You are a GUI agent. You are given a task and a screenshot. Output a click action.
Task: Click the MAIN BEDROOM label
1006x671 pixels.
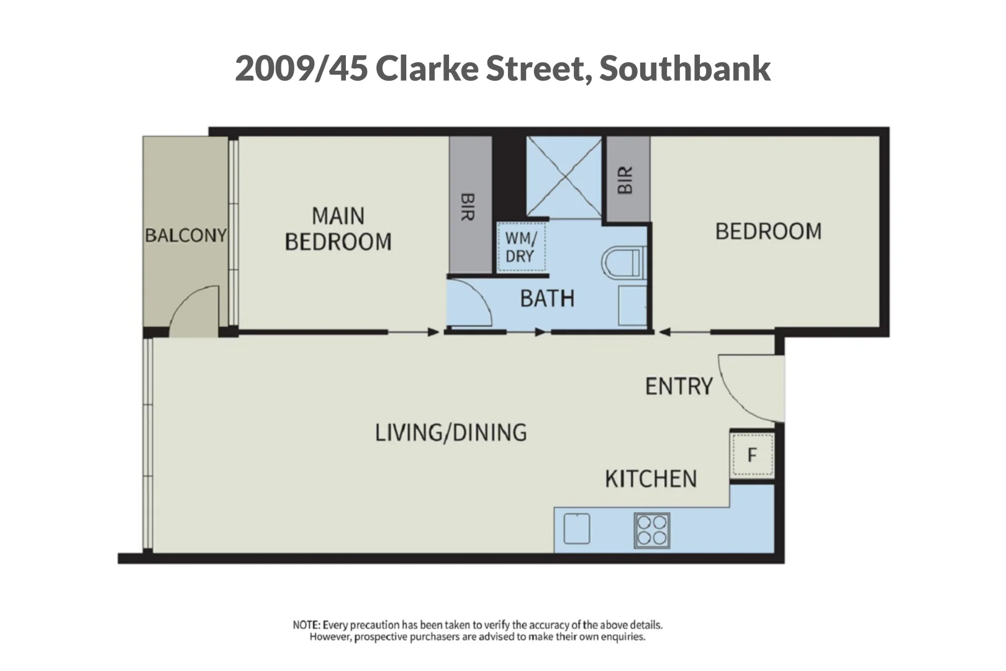point(338,229)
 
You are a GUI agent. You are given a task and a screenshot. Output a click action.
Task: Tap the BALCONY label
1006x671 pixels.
point(185,235)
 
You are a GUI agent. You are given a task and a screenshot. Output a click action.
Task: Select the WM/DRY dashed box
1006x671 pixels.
point(521,247)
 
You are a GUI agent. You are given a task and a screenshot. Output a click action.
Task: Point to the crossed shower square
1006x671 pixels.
point(564,177)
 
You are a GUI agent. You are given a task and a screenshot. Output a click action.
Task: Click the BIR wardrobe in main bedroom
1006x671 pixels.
point(470,205)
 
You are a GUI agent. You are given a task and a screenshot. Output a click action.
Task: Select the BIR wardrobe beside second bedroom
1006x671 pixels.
point(627,179)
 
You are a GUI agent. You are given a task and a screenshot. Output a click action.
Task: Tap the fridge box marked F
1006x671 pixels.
point(752,455)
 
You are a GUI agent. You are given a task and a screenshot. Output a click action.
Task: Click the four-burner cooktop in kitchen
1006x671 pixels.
point(652,530)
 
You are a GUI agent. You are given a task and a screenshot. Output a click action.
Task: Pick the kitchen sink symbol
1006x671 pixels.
point(577,529)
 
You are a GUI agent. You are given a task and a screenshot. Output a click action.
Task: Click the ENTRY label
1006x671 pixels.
point(679,386)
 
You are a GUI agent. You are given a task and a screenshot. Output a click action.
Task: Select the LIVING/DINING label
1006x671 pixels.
point(451,432)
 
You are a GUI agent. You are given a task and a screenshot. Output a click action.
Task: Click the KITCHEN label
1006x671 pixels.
point(651,479)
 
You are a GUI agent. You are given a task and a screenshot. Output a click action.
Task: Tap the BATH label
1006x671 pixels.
point(546,299)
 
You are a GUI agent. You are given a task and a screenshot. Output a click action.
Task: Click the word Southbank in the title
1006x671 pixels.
point(684,68)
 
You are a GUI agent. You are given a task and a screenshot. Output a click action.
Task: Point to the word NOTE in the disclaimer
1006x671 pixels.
point(306,625)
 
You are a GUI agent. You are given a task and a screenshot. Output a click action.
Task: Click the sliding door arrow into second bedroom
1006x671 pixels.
point(683,332)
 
